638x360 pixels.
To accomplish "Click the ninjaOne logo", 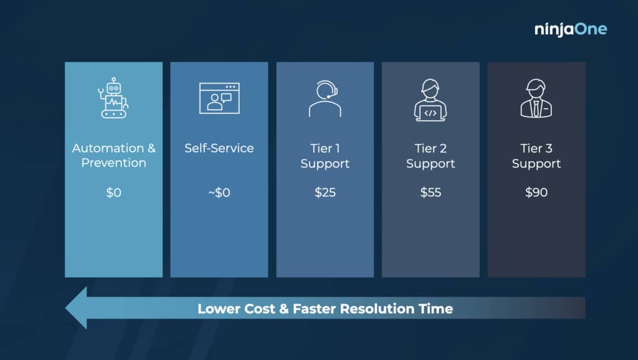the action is coord(570,29).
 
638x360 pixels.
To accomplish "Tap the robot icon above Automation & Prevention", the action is coord(113,98).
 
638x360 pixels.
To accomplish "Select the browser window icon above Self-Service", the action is coord(219,98).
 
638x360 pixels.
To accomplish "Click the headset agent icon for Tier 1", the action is coord(325,99).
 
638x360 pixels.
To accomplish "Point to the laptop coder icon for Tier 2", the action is coord(430,100).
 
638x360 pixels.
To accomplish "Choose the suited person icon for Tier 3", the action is coord(536,98).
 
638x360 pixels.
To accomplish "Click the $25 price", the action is coord(325,192).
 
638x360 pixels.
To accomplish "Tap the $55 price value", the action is coord(430,192).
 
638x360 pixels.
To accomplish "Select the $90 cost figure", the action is coord(536,192).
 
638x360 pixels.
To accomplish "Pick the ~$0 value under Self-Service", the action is coord(219,192).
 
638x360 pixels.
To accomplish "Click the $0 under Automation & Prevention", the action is coord(113,192).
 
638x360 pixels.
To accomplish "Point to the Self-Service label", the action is coord(219,148).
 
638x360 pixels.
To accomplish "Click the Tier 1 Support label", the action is coord(325,156).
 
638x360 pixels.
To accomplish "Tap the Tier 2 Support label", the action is coord(430,156).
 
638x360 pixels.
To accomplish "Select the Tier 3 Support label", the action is coord(536,156).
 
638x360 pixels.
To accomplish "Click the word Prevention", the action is coord(113,163).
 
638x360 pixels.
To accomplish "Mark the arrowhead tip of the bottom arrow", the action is coord(66,308).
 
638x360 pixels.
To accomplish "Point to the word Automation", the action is coord(108,148).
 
